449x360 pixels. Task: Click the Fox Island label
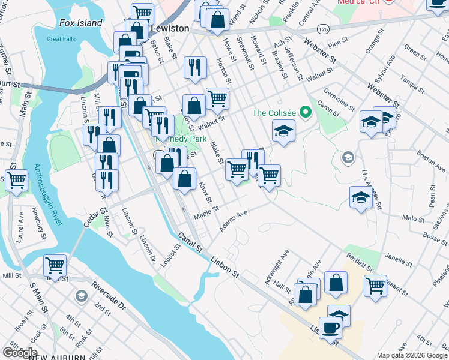(81, 23)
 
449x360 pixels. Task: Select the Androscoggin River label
(49, 194)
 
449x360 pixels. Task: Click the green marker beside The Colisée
(305, 112)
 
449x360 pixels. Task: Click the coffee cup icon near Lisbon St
(330, 328)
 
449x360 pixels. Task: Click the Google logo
(20, 353)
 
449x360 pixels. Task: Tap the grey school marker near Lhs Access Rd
(347, 158)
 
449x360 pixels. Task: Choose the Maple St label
(205, 212)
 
